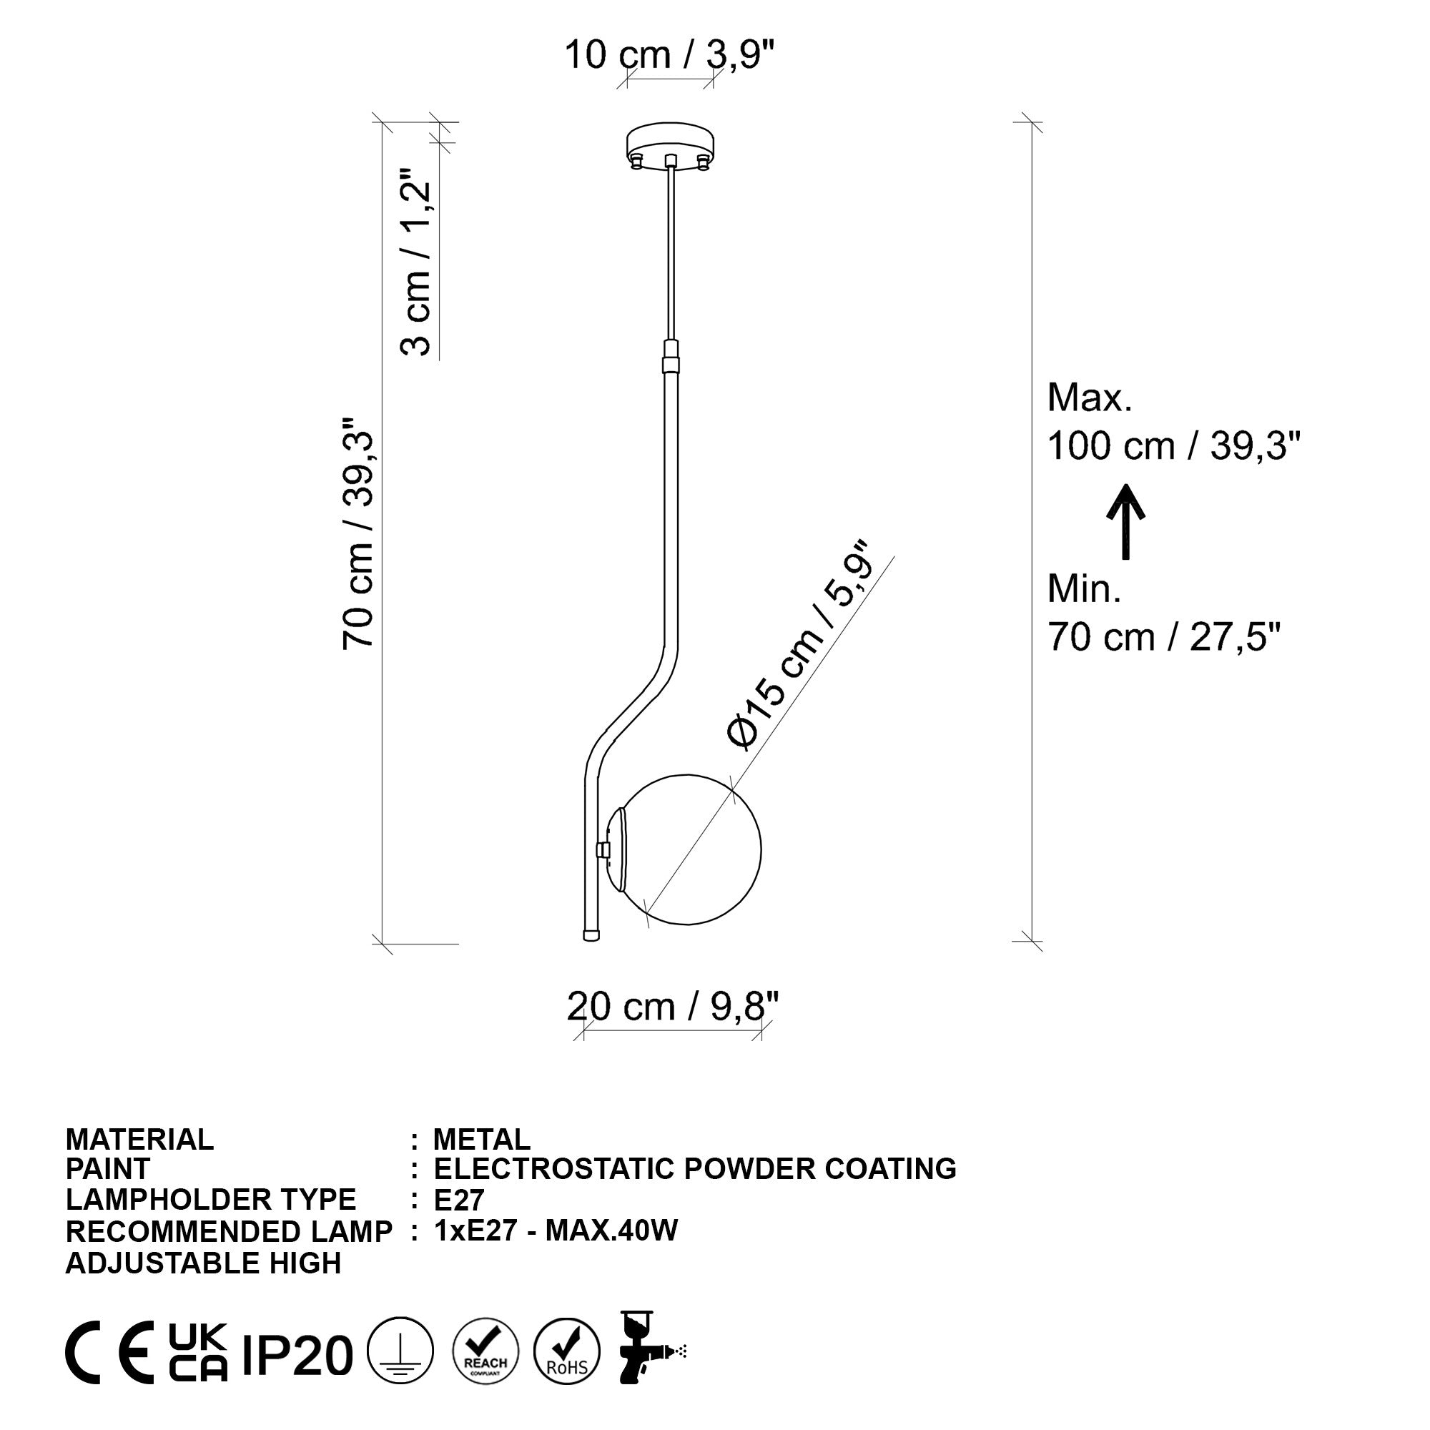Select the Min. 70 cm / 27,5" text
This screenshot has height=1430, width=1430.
(1162, 613)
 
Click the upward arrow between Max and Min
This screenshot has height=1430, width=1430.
(1126, 521)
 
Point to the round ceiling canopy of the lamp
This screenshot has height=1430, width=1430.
(671, 144)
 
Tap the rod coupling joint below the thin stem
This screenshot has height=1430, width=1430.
(671, 357)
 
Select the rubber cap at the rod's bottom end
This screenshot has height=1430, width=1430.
(591, 935)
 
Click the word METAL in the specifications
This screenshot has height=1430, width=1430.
(482, 1139)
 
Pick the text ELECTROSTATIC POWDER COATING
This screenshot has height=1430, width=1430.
(694, 1169)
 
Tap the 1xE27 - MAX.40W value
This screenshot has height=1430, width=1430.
(555, 1231)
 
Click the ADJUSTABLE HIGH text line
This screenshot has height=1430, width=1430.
(204, 1263)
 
